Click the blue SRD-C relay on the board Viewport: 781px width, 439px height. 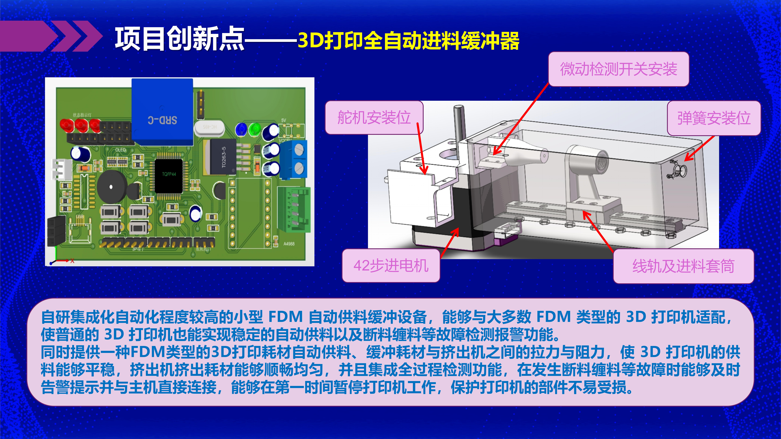[x=162, y=112]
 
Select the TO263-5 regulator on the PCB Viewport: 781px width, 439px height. [x=223, y=157]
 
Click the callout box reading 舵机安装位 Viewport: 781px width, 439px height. [x=374, y=118]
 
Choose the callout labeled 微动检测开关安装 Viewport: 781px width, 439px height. [x=618, y=69]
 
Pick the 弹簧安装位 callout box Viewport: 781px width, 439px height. [x=714, y=118]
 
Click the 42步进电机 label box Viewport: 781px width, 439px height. [x=391, y=266]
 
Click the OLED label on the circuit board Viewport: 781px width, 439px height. [x=120, y=150]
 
